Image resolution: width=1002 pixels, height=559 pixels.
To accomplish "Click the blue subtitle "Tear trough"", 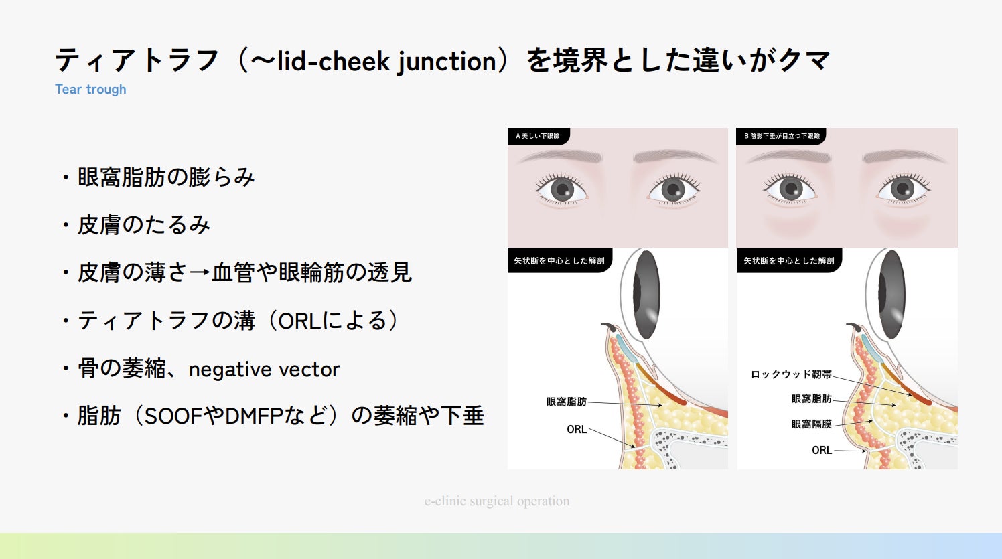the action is (90, 89).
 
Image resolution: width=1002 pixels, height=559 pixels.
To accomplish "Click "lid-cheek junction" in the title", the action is (386, 61).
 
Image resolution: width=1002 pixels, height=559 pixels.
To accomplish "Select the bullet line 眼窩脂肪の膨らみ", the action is (166, 177).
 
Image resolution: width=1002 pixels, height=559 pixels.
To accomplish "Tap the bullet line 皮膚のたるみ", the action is (144, 225).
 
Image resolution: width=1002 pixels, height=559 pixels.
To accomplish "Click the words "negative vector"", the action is (264, 369).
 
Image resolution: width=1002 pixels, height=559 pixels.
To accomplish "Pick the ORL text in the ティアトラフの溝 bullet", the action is (299, 321).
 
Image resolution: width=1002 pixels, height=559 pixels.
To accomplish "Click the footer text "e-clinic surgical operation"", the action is (497, 501).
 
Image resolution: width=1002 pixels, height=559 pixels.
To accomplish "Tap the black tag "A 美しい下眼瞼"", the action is (537, 136).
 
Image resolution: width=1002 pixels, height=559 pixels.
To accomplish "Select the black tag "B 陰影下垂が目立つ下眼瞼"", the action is (781, 136).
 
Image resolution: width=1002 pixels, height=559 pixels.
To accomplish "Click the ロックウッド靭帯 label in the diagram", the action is (791, 374).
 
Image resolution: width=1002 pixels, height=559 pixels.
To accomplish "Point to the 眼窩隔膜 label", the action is (811, 424).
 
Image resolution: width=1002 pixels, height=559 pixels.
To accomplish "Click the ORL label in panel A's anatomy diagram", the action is (576, 429).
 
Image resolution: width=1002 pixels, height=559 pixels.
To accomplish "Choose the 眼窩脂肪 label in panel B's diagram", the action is (811, 399).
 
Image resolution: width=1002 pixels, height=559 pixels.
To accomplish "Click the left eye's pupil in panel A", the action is (561, 189).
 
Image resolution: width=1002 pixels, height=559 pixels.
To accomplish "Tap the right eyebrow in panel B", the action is (904, 156).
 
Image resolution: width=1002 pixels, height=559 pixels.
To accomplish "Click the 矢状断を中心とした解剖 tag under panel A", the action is (559, 260).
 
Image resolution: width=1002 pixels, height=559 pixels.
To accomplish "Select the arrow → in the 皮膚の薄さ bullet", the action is (200, 273).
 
